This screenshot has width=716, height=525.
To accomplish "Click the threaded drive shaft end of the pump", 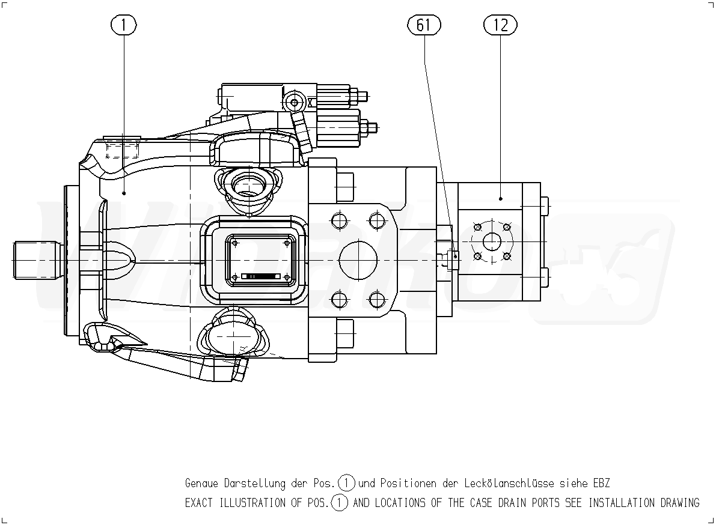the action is pos(37,260).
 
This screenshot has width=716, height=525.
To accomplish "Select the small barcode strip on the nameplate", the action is pos(261,276).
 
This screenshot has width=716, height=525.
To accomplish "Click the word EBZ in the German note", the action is pos(601,483).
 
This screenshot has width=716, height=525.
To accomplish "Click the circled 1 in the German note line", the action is pos(347,483).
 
